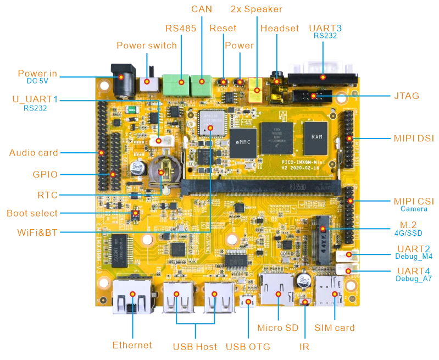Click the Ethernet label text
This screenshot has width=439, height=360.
[x=131, y=345]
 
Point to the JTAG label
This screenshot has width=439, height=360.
[x=407, y=96]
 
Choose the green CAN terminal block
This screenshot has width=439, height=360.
[x=201, y=85]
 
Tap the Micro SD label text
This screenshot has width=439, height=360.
[x=277, y=329]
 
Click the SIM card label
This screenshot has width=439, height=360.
[x=334, y=329]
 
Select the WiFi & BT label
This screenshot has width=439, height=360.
[x=37, y=232]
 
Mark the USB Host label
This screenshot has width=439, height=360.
[x=195, y=347]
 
